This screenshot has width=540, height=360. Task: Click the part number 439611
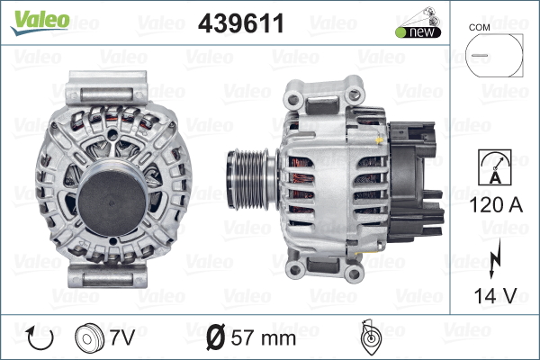[240, 23]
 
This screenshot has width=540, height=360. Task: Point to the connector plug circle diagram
[493, 59]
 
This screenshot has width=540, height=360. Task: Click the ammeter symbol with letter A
[493, 168]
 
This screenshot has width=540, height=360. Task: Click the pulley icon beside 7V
[87, 338]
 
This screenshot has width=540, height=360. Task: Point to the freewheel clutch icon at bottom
[368, 337]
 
